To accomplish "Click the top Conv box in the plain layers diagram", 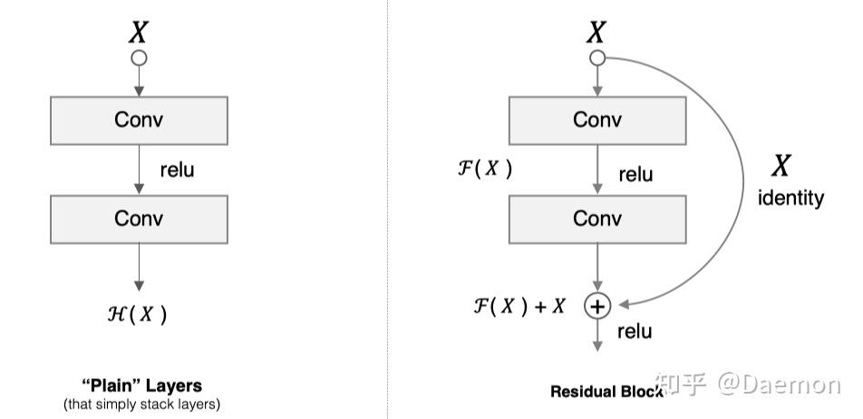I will click(139, 120).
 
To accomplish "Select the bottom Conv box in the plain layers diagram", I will click(139, 219).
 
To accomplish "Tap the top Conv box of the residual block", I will click(597, 120).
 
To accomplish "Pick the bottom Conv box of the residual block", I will click(597, 219).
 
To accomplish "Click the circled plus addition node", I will click(596, 307).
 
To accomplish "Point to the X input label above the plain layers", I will click(138, 33).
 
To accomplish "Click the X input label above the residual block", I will click(596, 33).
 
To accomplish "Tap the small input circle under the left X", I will click(139, 58).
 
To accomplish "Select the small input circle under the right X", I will click(596, 58).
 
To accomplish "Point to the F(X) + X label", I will click(519, 307).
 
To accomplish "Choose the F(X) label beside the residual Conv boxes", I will click(485, 168).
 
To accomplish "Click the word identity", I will click(790, 197).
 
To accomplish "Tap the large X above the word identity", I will click(781, 166).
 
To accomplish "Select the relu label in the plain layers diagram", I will click(177, 170).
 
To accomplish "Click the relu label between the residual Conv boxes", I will click(635, 173).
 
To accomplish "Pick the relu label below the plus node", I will click(635, 331).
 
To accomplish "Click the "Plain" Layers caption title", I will click(141, 386).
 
